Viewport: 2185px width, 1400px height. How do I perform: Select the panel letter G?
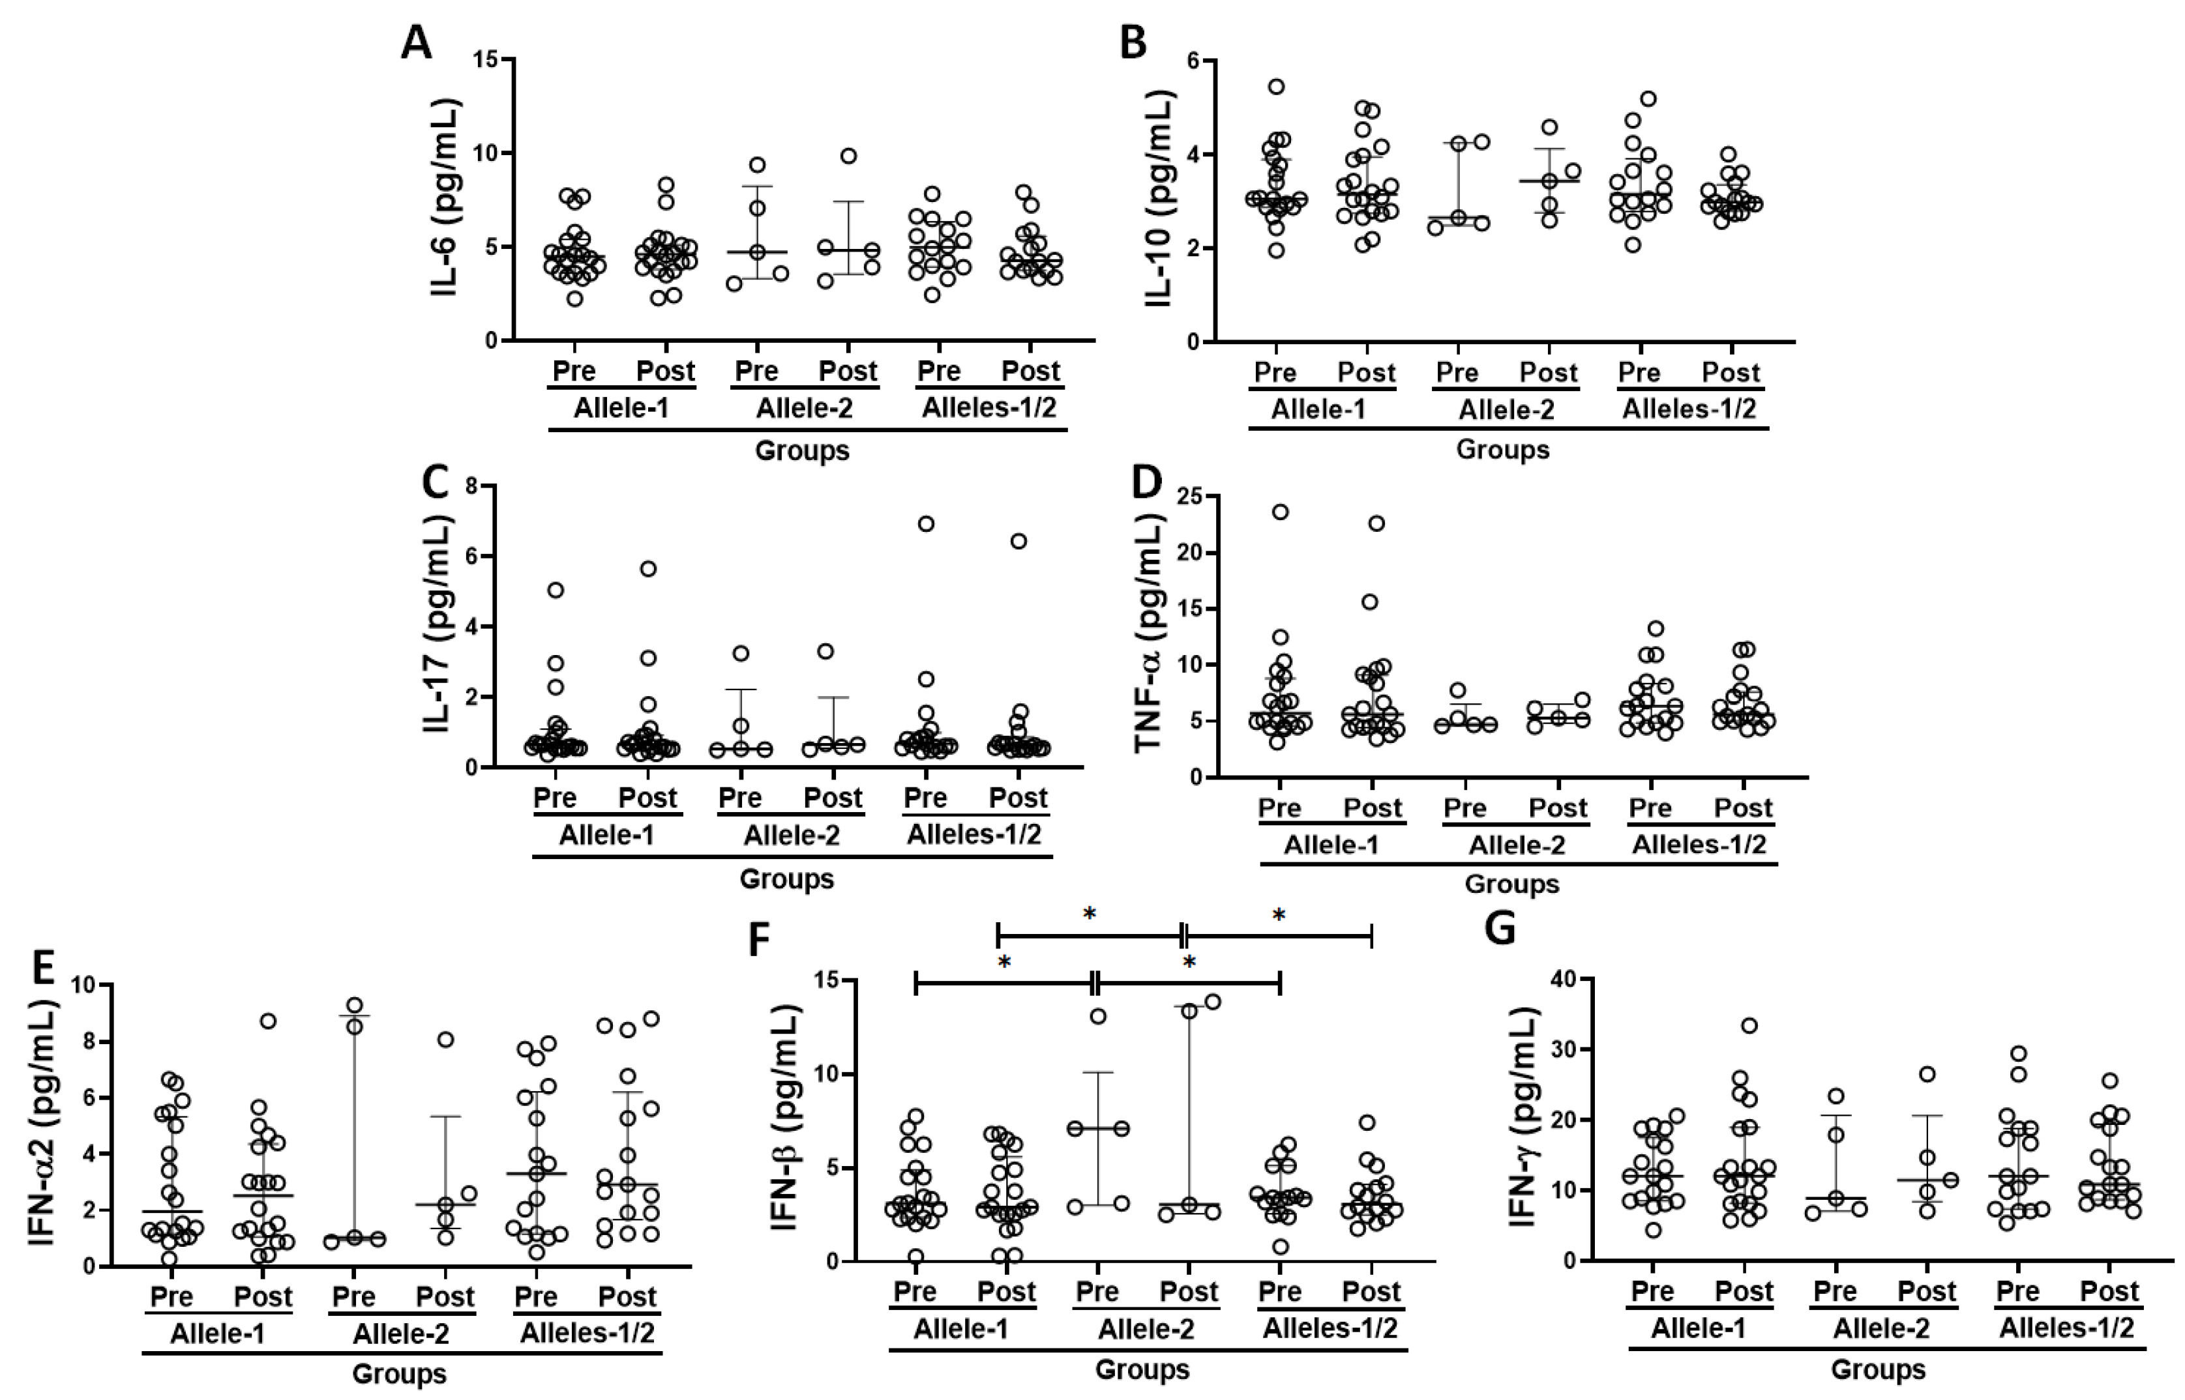[x=1500, y=928]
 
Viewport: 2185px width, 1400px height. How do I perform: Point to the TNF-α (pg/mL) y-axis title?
[x=1150, y=634]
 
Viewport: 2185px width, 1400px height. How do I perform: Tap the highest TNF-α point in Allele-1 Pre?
[x=1279, y=512]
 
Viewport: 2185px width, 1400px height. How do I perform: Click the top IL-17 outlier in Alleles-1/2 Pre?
[x=926, y=523]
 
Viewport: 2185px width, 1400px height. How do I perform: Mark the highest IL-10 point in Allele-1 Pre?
[x=1277, y=87]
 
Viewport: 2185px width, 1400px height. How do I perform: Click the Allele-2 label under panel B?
[x=1506, y=410]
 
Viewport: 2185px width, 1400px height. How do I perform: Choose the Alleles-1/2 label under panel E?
[x=587, y=1333]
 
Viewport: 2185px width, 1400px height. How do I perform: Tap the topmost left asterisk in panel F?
[x=1090, y=914]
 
